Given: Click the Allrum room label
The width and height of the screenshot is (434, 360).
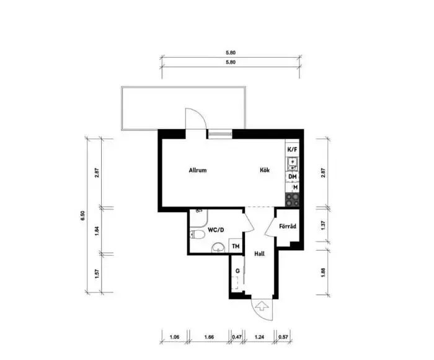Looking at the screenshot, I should [x=197, y=171].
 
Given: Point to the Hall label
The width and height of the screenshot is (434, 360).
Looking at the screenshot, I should [x=260, y=254].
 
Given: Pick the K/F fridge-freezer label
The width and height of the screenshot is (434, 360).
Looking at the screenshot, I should [x=292, y=150].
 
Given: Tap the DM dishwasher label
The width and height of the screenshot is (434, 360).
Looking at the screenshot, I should [x=292, y=177].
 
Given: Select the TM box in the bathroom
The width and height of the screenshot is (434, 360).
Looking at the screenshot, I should [x=235, y=246].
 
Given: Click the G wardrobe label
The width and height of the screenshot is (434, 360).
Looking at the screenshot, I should [x=237, y=271].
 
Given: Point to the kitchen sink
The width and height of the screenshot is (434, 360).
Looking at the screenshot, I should [x=292, y=164].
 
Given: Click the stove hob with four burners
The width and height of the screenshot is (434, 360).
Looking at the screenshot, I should [x=292, y=199].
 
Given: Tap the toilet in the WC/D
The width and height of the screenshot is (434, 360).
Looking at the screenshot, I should [x=197, y=235].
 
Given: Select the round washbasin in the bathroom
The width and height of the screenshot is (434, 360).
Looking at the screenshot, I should [x=216, y=248].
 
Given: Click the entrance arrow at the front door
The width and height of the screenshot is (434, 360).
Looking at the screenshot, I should [x=261, y=306].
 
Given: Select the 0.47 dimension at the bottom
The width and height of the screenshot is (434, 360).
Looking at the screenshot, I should [x=236, y=338].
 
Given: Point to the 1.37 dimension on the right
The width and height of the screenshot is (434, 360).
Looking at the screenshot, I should [x=322, y=228].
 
